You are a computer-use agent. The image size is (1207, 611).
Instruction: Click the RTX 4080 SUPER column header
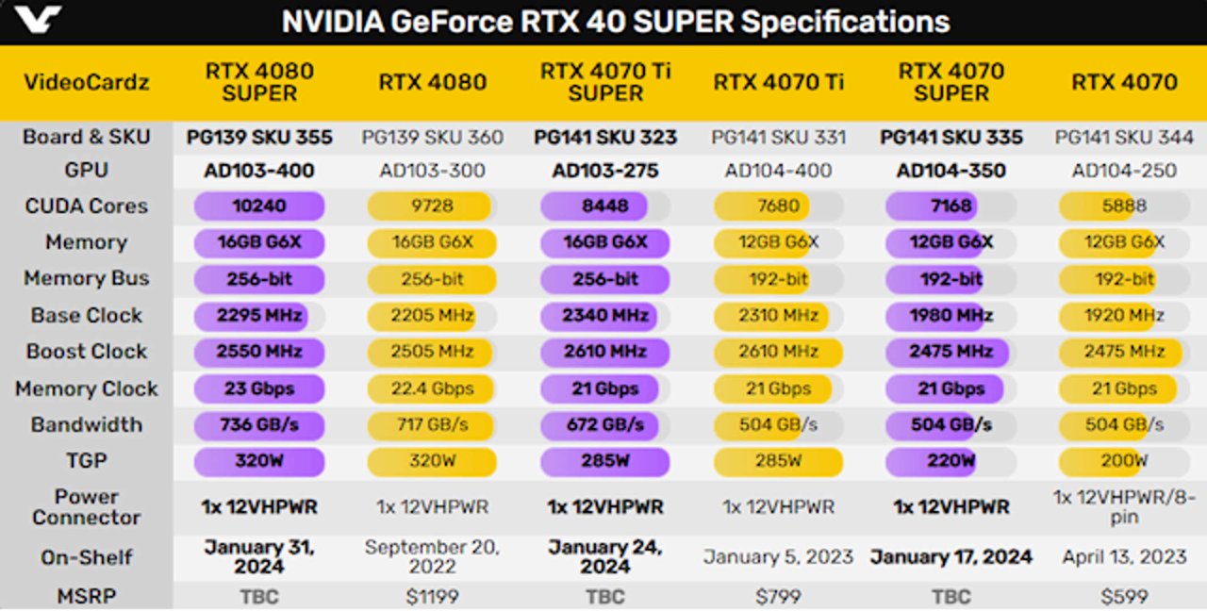pyautogui.click(x=259, y=82)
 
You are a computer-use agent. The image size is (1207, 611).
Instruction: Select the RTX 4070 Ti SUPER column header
pyautogui.click(x=605, y=82)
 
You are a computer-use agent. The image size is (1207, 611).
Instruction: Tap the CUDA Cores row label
pyautogui.click(x=87, y=206)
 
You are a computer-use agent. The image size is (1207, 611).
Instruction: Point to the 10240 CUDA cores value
pyautogui.click(x=258, y=206)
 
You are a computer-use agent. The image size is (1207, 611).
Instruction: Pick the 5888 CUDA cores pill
pyautogui.click(x=1123, y=206)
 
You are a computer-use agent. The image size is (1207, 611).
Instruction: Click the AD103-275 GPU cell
pyautogui.click(x=605, y=171)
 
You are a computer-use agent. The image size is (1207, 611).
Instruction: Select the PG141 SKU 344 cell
pyautogui.click(x=1124, y=137)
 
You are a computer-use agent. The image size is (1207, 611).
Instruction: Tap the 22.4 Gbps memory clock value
pyautogui.click(x=432, y=388)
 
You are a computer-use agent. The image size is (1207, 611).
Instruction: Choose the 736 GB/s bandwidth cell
pyautogui.click(x=258, y=424)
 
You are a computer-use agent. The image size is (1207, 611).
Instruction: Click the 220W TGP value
pyautogui.click(x=951, y=461)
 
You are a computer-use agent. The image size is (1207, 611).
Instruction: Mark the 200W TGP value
pyautogui.click(x=1123, y=461)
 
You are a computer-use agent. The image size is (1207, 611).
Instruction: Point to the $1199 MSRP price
pyautogui.click(x=432, y=597)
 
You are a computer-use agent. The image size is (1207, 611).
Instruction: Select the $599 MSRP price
pyautogui.click(x=1124, y=597)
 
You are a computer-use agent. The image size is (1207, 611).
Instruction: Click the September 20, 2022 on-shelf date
pyautogui.click(x=432, y=556)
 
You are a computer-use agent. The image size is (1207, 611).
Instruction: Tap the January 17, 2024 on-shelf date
pyautogui.click(x=951, y=556)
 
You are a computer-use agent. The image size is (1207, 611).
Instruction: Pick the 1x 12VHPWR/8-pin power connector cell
pyautogui.click(x=1124, y=507)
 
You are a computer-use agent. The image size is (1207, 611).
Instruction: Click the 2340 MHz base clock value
pyautogui.click(x=605, y=315)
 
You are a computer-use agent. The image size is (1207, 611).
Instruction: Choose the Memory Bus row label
pyautogui.click(x=87, y=278)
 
